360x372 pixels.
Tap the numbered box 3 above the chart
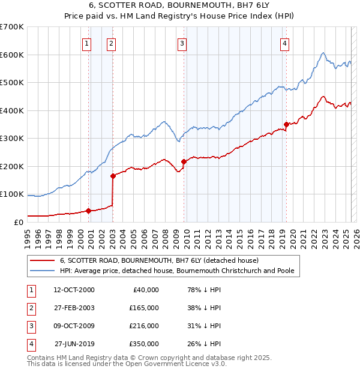(182, 43)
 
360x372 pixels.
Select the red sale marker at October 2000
(88, 211)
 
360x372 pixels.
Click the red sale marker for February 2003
(113, 176)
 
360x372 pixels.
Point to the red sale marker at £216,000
(184, 161)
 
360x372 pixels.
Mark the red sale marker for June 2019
(287, 124)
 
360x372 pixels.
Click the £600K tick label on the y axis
(12, 55)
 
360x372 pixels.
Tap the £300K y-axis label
(12, 138)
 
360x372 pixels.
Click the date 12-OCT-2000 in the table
(74, 290)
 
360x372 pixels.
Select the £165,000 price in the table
(144, 308)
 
